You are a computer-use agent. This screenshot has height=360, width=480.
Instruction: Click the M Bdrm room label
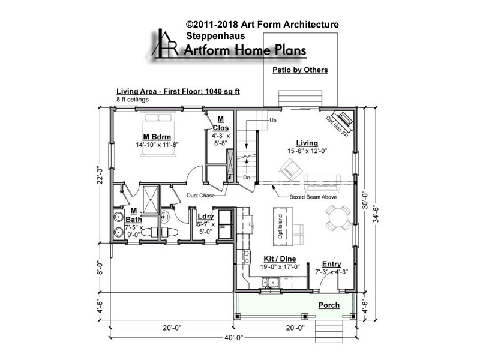coord(157,137)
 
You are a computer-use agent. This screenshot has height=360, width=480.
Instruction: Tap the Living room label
coord(307,143)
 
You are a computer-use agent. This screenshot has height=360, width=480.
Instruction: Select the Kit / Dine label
coord(280,259)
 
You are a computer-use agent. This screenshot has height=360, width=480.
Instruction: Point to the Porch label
coord(329,305)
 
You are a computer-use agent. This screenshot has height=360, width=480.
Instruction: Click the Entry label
coord(332,264)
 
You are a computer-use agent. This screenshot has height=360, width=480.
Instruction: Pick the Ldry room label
coord(205,217)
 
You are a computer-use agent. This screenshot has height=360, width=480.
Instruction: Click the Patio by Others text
coord(300,70)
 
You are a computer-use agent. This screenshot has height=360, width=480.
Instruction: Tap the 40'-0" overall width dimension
coord(233,338)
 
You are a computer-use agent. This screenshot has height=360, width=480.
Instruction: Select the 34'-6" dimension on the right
coord(376,214)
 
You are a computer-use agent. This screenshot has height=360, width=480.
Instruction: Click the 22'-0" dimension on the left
coord(100,175)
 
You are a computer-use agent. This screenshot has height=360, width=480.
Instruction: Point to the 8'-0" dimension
coord(100,268)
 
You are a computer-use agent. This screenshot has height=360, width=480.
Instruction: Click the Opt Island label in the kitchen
coord(280,227)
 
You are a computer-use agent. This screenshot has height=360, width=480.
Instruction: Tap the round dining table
coord(338,218)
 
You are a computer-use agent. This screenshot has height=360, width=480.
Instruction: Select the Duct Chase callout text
coord(200,196)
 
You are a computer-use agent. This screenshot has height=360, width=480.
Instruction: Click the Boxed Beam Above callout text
coord(313,197)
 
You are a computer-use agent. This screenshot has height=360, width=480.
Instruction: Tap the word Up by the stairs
coord(273,121)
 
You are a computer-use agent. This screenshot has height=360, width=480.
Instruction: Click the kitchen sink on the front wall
coord(270,283)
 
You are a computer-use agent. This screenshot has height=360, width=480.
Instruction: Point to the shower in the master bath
coord(151,199)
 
